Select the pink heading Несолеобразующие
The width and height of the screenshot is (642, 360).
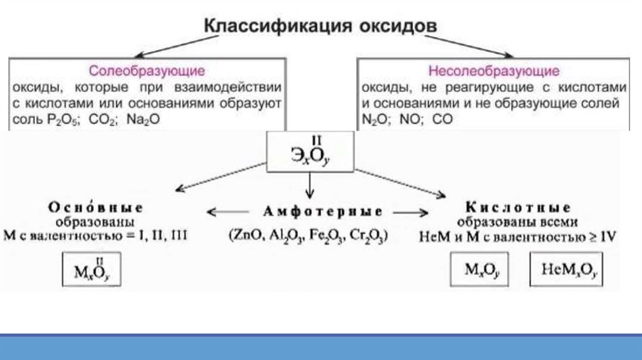coord(494,70)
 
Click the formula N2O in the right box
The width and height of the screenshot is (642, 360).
coord(374,120)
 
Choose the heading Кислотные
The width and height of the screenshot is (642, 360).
coord(518,208)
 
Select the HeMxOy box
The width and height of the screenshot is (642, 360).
coord(569,270)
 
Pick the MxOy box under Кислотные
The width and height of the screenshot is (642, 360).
coord(480,270)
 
